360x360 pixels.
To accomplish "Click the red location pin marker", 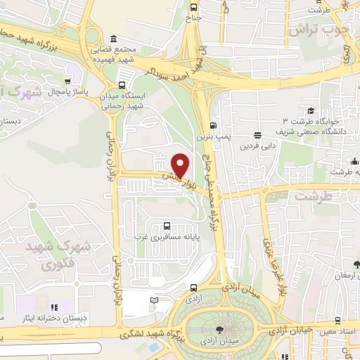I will click(x=181, y=165).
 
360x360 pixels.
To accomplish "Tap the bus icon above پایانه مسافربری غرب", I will click(x=166, y=226).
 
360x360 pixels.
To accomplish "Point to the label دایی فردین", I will click(x=257, y=146).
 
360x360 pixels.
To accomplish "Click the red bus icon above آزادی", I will click(x=193, y=288).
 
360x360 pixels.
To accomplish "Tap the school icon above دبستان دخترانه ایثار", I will click(x=53, y=307).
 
